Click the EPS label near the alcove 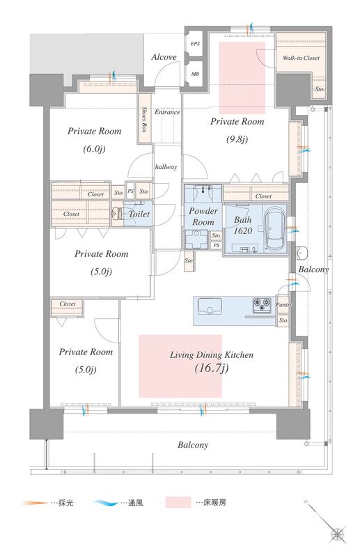[195, 44]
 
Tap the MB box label [195, 74]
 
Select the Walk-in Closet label [301, 58]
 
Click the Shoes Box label [145, 119]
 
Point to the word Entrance [167, 112]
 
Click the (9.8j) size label [237, 139]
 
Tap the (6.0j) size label [94, 149]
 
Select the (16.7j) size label [212, 368]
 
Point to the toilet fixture [117, 214]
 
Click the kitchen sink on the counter [210, 306]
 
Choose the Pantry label [283, 305]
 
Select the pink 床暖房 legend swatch [178, 503]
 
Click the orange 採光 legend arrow [35, 503]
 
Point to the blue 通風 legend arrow [105, 503]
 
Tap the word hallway [166, 166]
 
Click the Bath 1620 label [243, 225]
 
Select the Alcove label [164, 57]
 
